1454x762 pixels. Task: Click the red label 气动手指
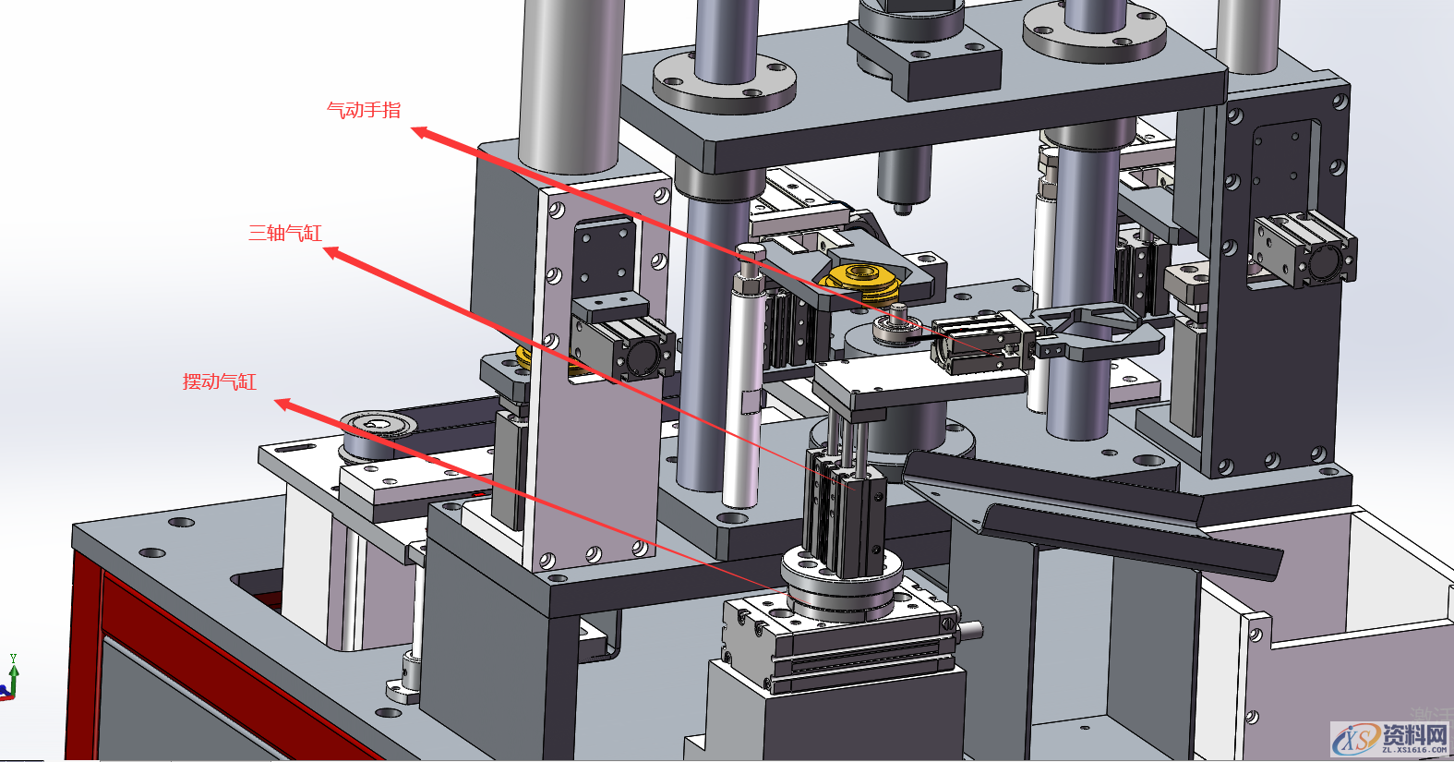point(364,110)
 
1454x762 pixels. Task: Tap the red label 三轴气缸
point(285,233)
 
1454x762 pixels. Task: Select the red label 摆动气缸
point(220,381)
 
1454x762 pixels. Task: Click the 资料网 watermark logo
point(1390,740)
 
